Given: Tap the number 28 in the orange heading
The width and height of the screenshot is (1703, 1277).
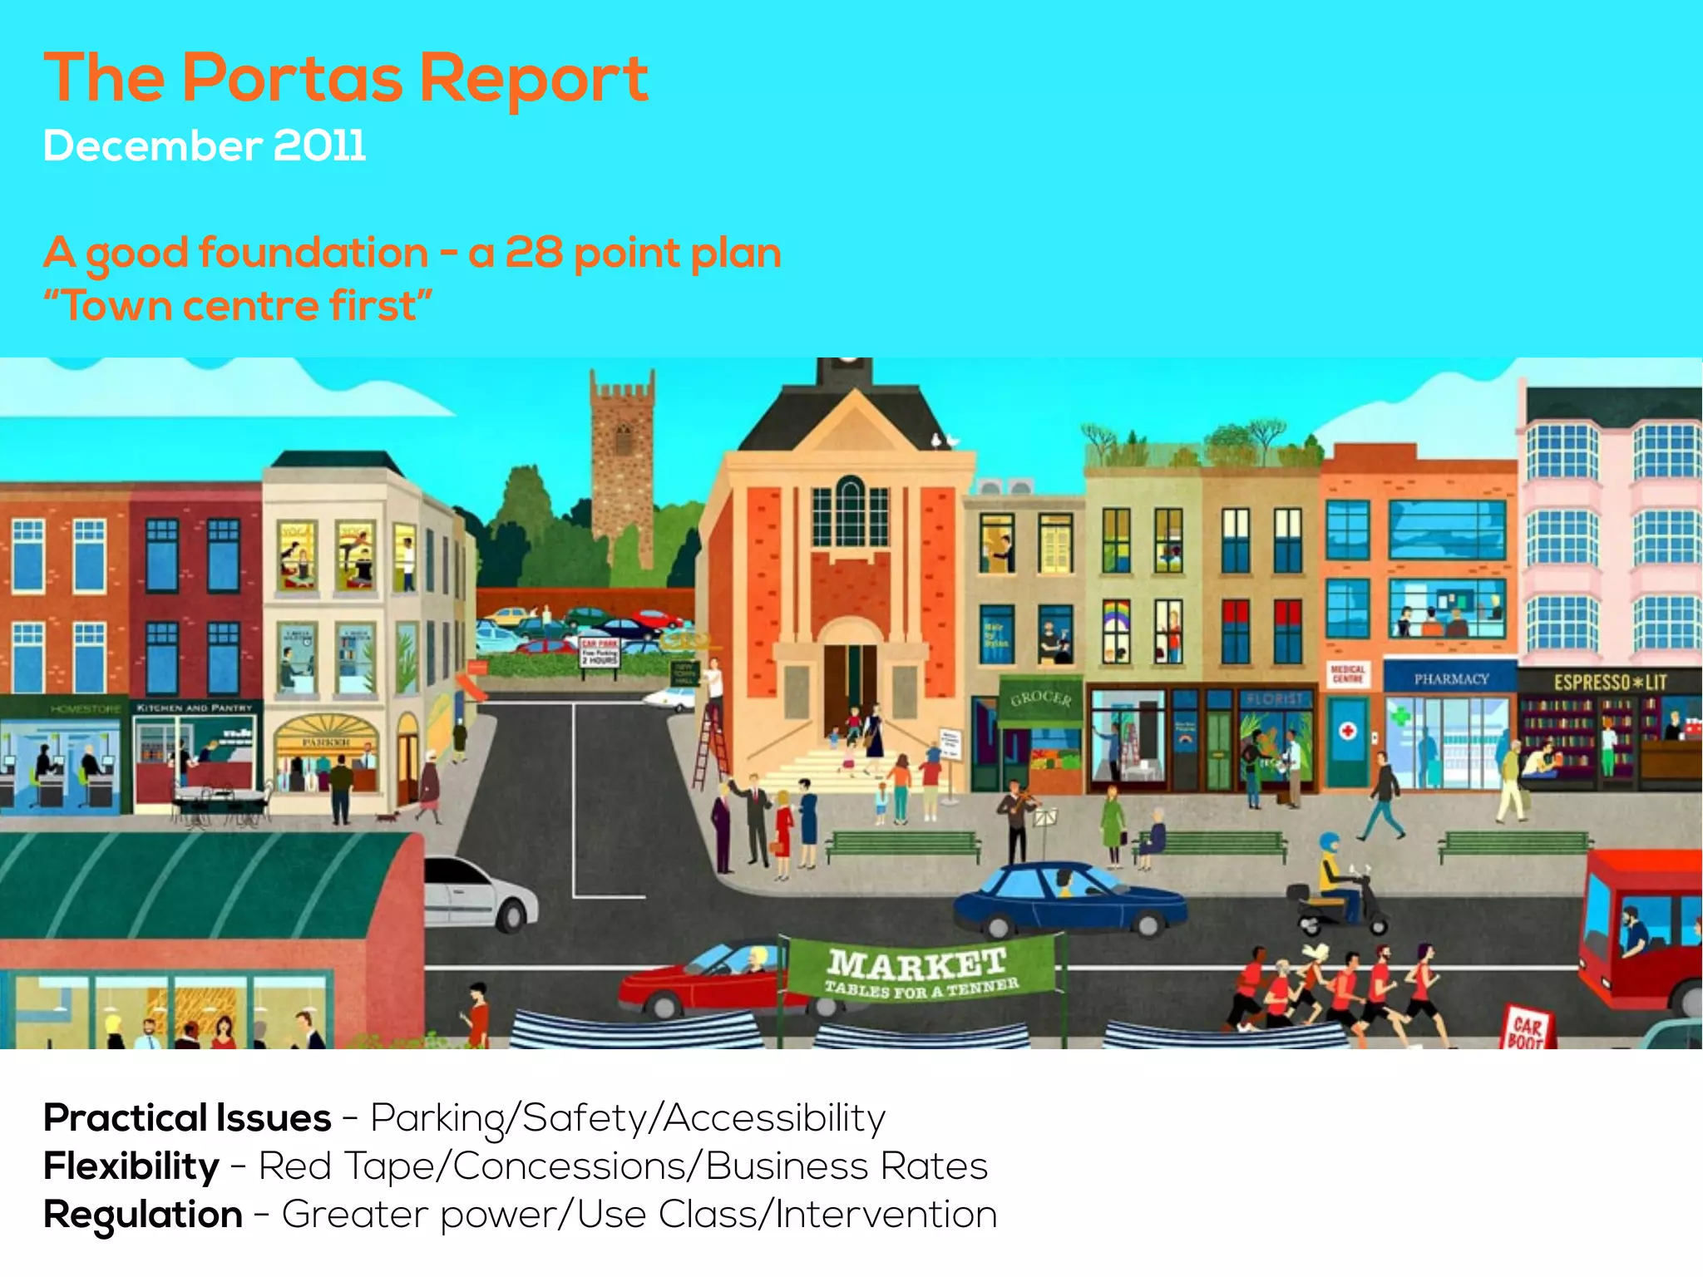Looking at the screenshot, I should tap(533, 252).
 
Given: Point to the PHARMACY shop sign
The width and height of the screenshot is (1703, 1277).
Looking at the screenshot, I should tap(1451, 679).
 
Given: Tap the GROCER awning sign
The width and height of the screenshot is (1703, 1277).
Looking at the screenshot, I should tap(1040, 698).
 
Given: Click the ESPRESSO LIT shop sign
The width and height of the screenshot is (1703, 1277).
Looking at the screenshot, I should tap(1610, 683).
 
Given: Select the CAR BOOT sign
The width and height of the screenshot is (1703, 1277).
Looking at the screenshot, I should tap(1527, 1029).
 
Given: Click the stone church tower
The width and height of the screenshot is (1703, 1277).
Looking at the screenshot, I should tap(622, 466).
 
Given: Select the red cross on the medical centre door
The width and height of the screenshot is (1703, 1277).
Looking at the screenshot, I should tap(1348, 731).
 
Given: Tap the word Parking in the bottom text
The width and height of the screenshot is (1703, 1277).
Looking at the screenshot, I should tap(437, 1119).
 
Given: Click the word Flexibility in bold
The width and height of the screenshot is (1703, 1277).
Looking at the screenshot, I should tap(131, 1166).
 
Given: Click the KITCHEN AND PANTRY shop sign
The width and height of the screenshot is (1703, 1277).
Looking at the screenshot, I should tap(195, 708).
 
